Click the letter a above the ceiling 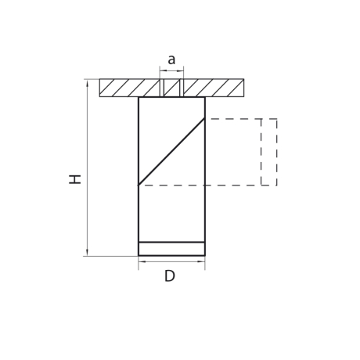tap(171, 60)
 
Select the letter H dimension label tap(75, 179)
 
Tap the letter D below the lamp tap(170, 276)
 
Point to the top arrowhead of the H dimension tap(87, 81)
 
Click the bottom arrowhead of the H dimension tap(87, 253)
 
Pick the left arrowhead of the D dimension tap(141, 261)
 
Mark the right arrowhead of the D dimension tap(203, 261)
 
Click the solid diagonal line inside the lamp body tap(171, 152)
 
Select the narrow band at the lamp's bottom tap(171, 249)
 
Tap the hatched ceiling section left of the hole tap(129, 88)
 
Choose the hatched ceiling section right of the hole tap(213, 88)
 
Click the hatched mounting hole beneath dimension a tap(171, 88)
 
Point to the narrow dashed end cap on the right tap(269, 152)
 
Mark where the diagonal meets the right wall tap(205, 118)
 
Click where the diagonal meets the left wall tap(139, 185)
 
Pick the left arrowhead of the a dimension tap(162, 70)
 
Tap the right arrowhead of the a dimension tap(181, 70)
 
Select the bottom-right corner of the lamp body tap(205, 255)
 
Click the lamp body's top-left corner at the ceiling tap(139, 97)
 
